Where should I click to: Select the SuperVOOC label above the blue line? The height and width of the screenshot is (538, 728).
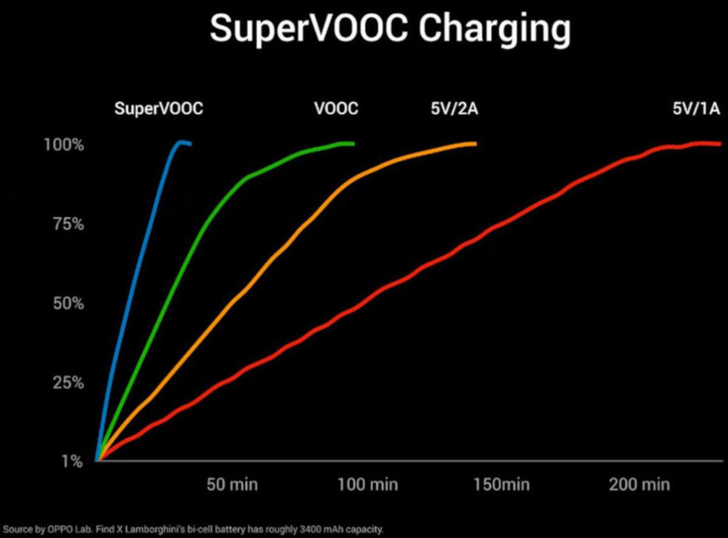pyautogui.click(x=159, y=109)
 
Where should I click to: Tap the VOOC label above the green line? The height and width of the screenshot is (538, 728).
pyautogui.click(x=336, y=109)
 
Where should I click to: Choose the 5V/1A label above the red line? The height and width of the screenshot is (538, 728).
pyautogui.click(x=696, y=109)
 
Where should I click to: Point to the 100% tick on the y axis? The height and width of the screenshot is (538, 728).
pyautogui.click(x=64, y=146)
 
